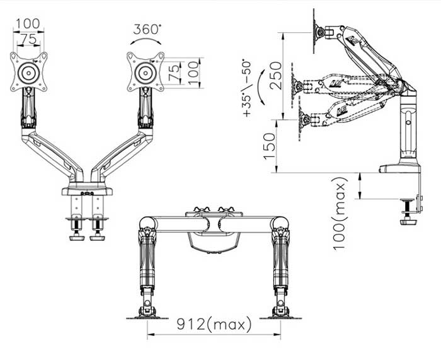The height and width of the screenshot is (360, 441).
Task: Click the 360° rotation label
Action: pos(147,29)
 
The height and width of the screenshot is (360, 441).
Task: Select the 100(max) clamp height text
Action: pos(341,212)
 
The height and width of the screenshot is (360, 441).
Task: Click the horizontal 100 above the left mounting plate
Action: pos(28,23)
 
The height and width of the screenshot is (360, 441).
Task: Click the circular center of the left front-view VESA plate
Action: pos(28,72)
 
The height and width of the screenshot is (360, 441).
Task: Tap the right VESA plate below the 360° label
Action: pos(146,71)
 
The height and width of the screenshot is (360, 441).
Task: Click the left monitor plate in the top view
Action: pos(147,313)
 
